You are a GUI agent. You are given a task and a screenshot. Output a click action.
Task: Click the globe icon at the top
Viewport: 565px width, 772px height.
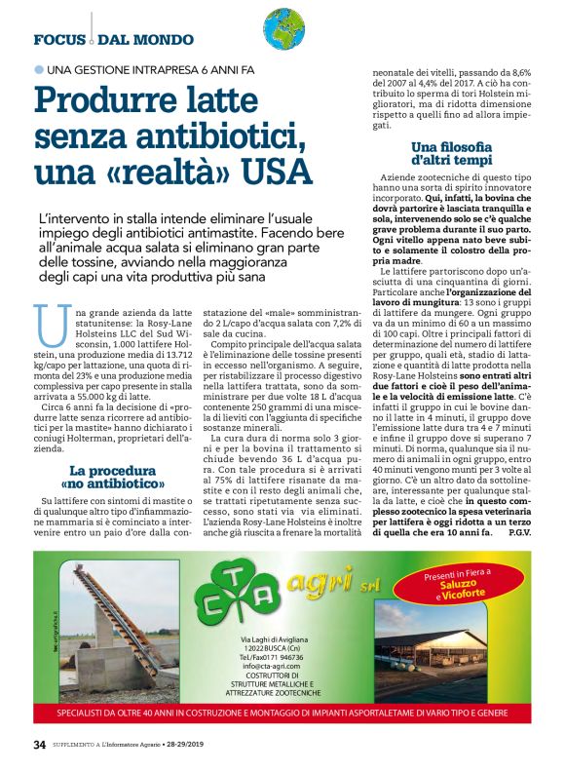point(283,28)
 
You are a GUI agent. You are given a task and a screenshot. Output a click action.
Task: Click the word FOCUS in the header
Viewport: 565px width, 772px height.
point(61,40)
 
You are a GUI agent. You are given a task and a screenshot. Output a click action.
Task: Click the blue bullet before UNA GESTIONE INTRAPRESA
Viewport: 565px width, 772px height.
point(39,70)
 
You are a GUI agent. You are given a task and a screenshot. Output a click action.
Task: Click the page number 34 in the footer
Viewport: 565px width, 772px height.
point(39,745)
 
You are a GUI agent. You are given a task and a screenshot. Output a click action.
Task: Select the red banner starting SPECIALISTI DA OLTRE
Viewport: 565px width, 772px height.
point(282,711)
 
